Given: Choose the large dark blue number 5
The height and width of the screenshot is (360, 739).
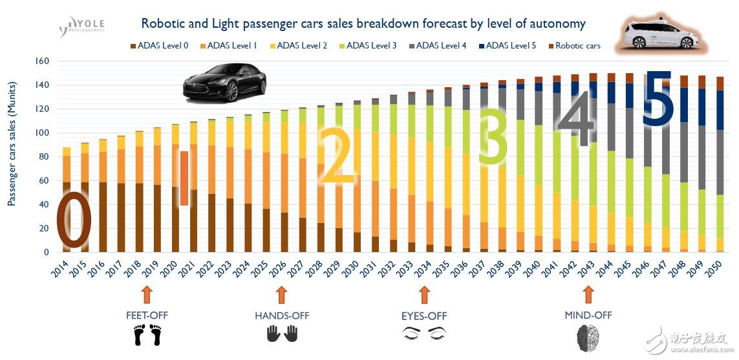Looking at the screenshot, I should [x=658, y=97].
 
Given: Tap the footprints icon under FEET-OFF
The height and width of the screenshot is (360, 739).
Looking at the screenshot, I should [x=146, y=335].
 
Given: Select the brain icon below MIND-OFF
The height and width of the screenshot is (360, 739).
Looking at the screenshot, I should [x=588, y=337].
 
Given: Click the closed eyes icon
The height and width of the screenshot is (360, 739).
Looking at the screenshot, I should [x=424, y=334].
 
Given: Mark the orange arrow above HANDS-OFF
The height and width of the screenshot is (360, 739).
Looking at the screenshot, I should [x=281, y=295].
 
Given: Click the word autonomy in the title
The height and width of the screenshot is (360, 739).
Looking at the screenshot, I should [x=555, y=25].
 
